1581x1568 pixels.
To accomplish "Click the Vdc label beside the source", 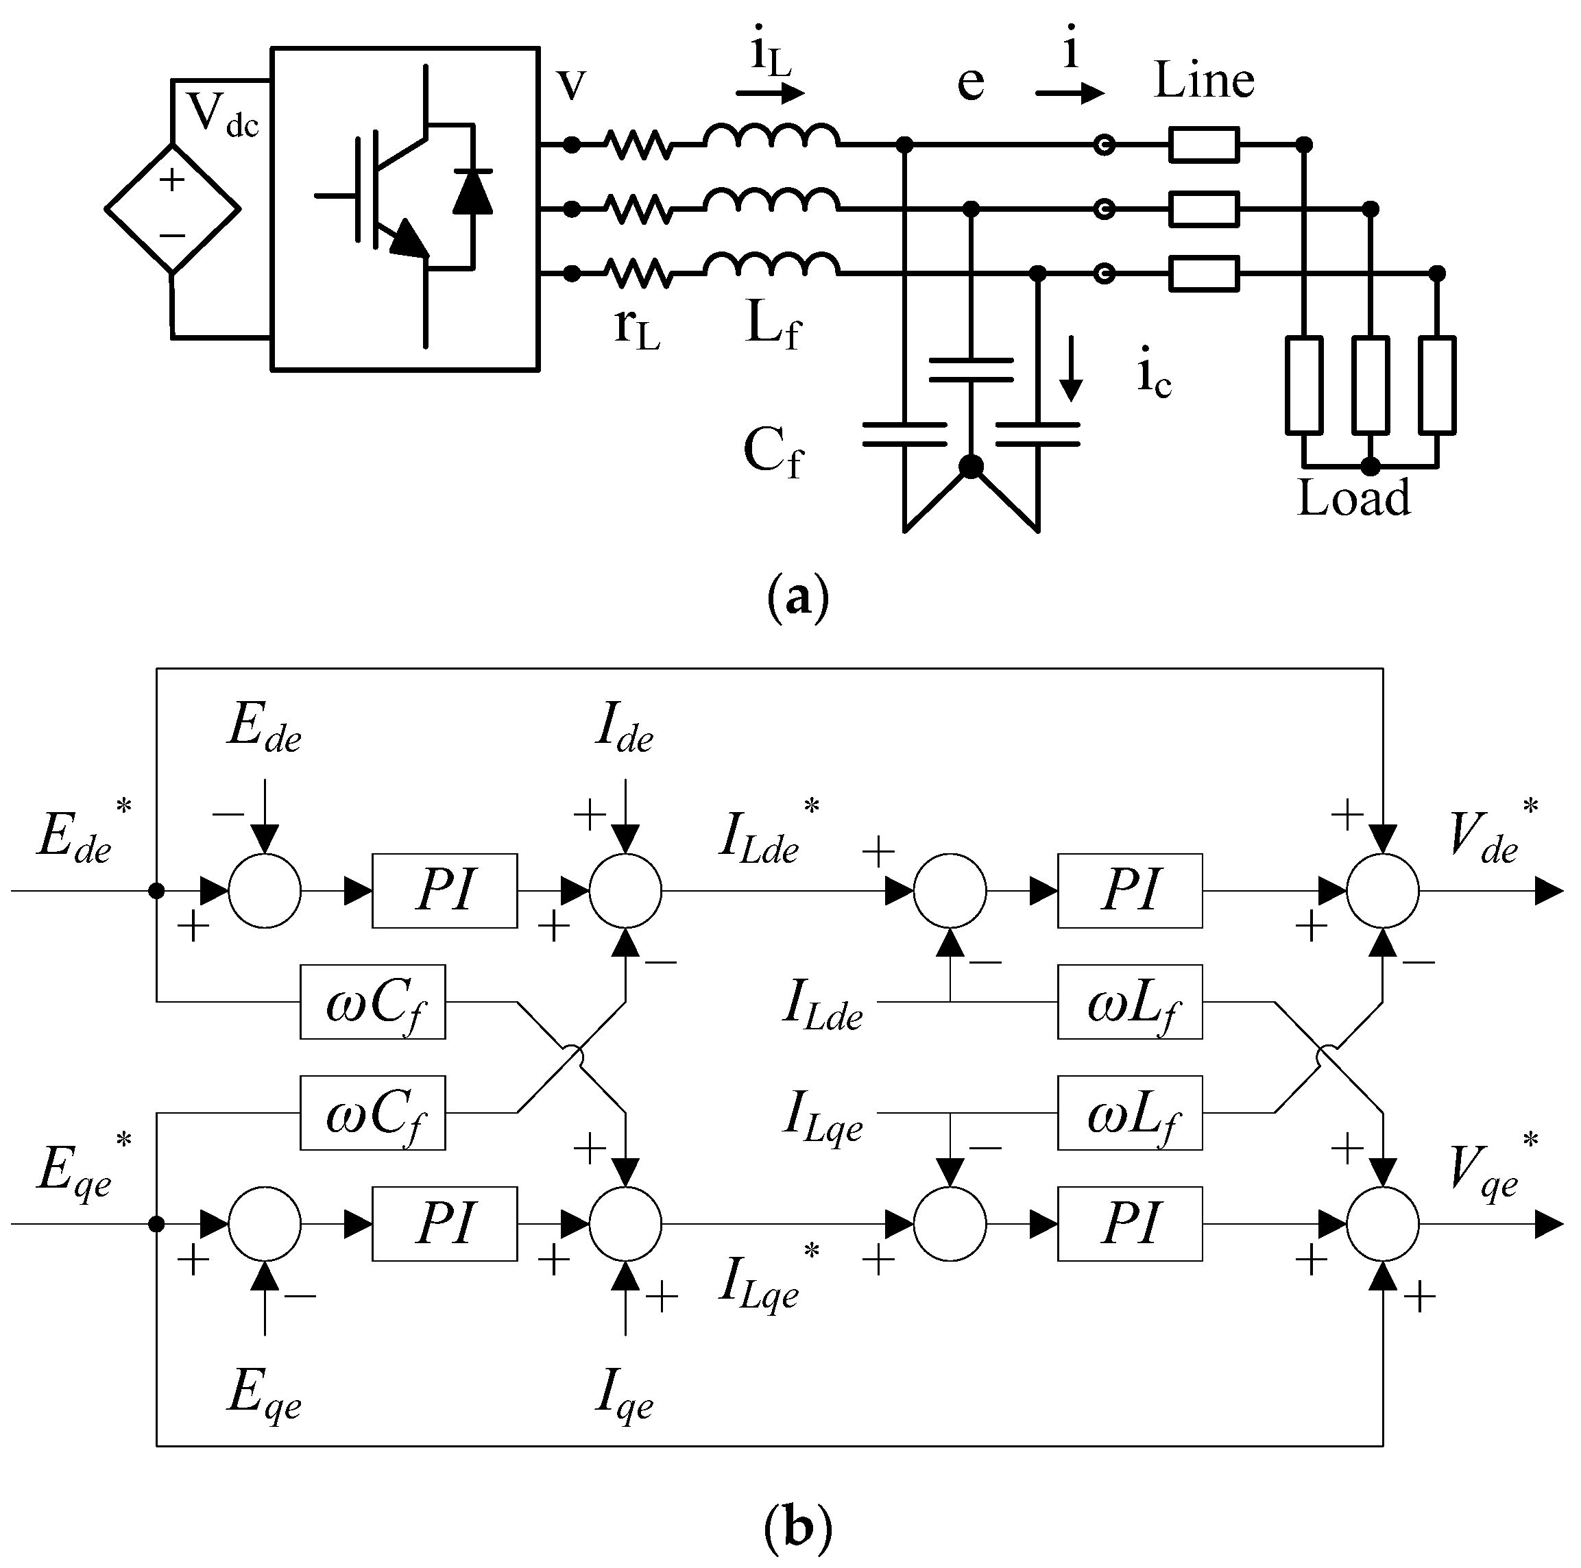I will click(x=221, y=114).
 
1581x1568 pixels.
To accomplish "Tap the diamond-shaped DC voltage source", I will click(x=172, y=208).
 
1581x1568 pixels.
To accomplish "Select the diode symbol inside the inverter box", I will click(x=473, y=191).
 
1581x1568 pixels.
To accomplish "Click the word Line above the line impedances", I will click(x=1204, y=80).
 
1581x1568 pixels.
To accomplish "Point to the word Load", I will click(x=1353, y=498).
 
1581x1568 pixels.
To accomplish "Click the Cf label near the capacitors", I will click(x=773, y=452).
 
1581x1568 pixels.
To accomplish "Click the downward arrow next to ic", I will click(x=1070, y=380).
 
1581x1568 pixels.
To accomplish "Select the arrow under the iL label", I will click(x=770, y=93).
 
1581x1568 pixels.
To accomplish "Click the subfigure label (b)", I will click(x=798, y=1526).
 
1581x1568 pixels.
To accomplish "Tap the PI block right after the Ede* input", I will click(x=444, y=891).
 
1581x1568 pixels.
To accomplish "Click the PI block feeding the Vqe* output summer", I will click(x=1129, y=1225).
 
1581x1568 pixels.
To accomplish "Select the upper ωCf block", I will click(x=372, y=1002).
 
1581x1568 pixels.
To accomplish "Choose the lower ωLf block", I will click(x=1129, y=1113).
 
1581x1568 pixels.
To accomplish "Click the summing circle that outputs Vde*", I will click(x=1383, y=891).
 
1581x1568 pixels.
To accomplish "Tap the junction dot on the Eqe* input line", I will click(x=156, y=1225).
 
